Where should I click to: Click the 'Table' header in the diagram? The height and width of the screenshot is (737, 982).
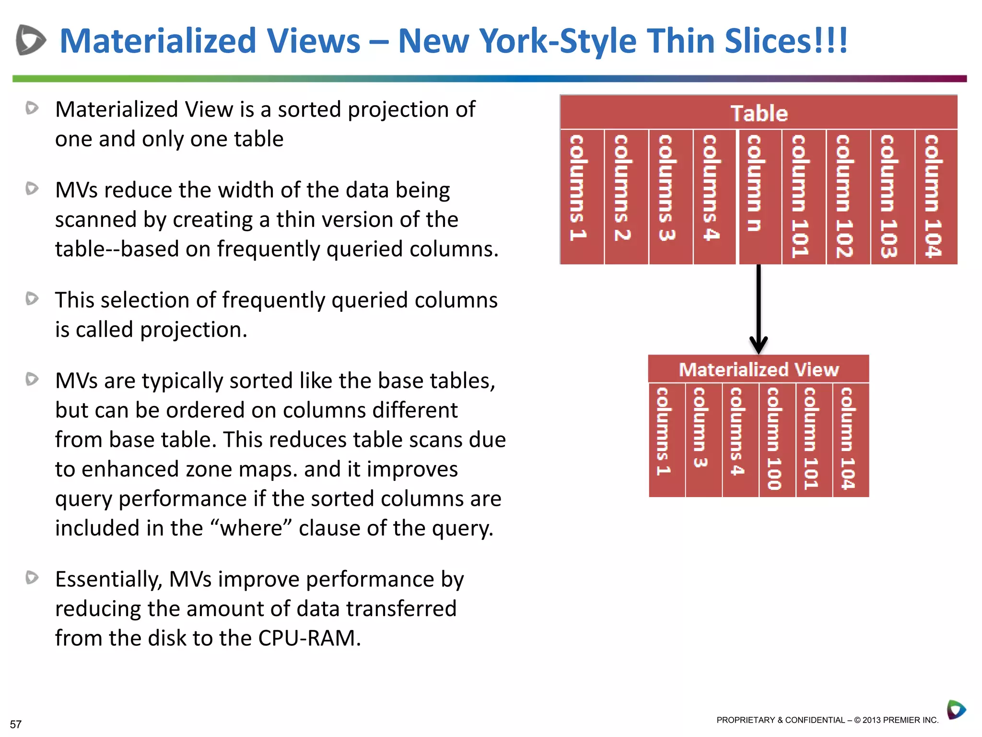[759, 113]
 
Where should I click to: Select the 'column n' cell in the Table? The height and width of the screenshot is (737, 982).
[760, 197]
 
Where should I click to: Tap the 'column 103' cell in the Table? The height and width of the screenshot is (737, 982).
[892, 197]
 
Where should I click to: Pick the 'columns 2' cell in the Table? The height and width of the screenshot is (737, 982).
[626, 197]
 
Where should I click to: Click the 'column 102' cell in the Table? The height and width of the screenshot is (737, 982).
[848, 197]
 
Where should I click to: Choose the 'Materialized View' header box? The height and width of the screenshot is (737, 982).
[759, 369]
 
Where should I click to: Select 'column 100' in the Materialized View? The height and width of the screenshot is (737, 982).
[777, 440]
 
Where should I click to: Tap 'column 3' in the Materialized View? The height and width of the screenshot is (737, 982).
[703, 440]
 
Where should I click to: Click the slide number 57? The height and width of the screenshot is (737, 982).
[16, 724]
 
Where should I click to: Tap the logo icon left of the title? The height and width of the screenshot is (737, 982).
[30, 40]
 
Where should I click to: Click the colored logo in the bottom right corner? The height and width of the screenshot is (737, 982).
[956, 710]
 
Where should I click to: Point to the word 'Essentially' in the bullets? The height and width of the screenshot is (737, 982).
[108, 580]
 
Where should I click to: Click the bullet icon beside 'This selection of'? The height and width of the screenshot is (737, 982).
[32, 299]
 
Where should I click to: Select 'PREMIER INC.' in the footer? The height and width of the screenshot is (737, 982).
[911, 720]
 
